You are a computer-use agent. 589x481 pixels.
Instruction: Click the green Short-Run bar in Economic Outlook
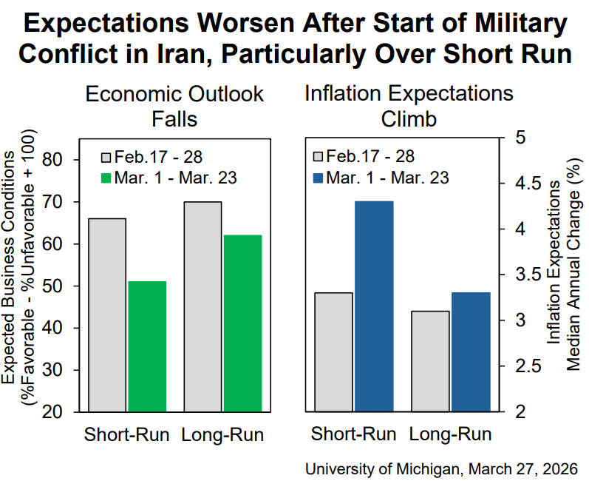click(x=147, y=346)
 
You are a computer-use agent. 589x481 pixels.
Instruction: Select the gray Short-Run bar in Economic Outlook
click(x=107, y=314)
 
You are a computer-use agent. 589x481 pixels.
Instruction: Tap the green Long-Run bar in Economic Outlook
click(x=243, y=323)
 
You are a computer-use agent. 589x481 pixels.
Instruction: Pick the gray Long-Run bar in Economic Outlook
click(x=203, y=306)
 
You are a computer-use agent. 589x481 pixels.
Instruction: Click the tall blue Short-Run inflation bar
click(x=374, y=306)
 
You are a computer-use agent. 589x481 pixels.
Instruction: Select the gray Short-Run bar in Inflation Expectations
click(x=333, y=351)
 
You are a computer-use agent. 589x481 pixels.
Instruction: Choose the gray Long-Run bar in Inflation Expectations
click(x=431, y=361)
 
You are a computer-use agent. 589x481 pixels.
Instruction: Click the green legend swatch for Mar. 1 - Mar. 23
click(x=106, y=178)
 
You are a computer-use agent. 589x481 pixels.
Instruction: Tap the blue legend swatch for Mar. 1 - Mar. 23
click(x=319, y=178)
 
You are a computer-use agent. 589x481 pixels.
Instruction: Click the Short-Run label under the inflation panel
click(x=353, y=434)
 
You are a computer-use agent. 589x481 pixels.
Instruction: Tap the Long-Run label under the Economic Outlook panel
click(x=222, y=434)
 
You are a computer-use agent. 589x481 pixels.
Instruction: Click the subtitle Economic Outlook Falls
click(x=174, y=106)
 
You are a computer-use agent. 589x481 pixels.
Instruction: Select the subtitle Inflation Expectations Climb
click(x=409, y=106)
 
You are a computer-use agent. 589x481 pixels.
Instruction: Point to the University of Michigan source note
click(x=441, y=468)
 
